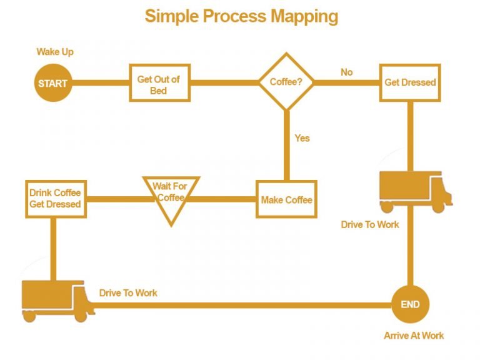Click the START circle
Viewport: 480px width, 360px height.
[x=52, y=82]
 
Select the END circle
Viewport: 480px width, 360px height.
[x=410, y=304]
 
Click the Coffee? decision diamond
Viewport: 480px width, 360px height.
[x=286, y=82]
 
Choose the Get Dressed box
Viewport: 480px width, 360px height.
[x=410, y=82]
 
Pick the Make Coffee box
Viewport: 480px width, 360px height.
[x=286, y=199]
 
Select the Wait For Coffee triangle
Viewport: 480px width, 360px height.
[x=171, y=196]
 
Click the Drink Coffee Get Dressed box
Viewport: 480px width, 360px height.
[x=55, y=199]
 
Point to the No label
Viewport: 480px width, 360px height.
[x=346, y=72]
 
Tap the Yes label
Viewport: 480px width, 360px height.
[x=302, y=137]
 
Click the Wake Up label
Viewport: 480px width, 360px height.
[x=54, y=52]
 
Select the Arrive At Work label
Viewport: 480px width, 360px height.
[x=414, y=336]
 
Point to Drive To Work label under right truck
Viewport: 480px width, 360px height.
[x=369, y=224]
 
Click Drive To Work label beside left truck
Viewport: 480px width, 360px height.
[x=128, y=292]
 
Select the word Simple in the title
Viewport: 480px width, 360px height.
[x=171, y=16]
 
